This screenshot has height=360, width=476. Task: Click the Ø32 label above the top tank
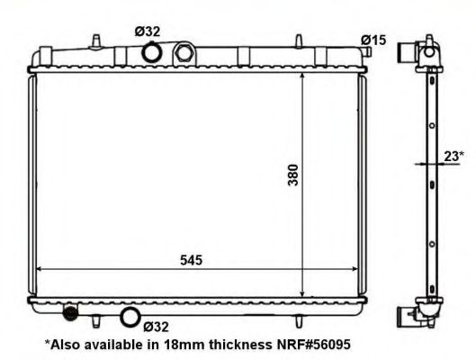click(x=149, y=31)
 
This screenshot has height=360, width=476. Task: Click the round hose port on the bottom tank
click(x=130, y=317)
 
